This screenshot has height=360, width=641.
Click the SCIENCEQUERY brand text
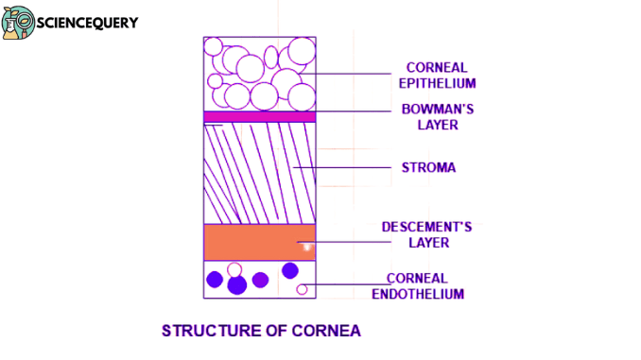point(87,22)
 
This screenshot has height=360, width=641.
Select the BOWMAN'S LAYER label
point(437,116)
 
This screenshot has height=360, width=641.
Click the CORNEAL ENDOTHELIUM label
point(425,286)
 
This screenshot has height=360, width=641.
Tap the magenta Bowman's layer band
point(260,116)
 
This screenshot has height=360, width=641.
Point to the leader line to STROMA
point(340,168)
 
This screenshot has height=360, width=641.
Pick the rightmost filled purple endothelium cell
point(290,271)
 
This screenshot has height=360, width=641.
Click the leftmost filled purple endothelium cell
point(215,279)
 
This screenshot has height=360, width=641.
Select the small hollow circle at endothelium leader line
point(302,289)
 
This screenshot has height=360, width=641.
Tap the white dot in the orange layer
point(304,248)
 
